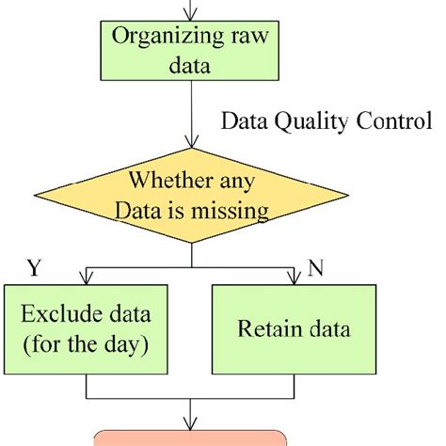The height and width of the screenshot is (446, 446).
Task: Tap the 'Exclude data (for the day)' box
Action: pyautogui.click(x=86, y=329)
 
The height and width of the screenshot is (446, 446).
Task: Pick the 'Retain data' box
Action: pyautogui.click(x=294, y=329)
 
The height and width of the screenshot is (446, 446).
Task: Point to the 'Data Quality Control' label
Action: pyautogui.click(x=325, y=122)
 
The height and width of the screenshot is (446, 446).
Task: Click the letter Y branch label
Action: pyautogui.click(x=34, y=269)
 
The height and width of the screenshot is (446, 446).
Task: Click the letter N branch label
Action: pyautogui.click(x=317, y=269)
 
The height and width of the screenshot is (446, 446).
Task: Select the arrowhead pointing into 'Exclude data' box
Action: pyautogui.click(x=86, y=279)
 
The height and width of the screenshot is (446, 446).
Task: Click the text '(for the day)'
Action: pyautogui.click(x=86, y=345)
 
